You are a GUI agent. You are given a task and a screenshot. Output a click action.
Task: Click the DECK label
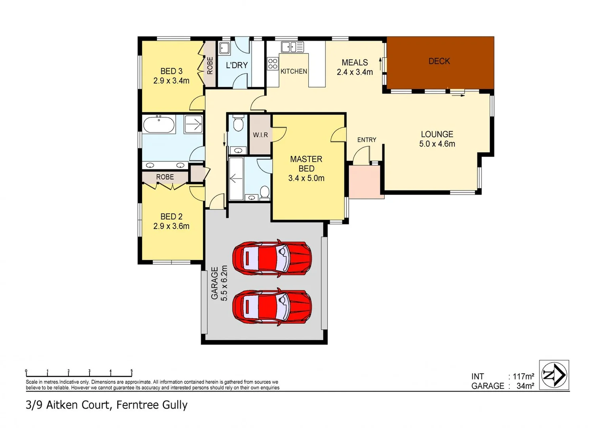[439, 61]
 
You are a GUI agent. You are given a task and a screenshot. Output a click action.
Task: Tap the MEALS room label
[355, 63]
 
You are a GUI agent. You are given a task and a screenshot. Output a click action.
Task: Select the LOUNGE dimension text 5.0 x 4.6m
[437, 144]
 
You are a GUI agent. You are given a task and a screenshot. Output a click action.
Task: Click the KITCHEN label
[294, 71]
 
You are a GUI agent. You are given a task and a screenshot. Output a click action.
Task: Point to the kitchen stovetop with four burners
[273, 64]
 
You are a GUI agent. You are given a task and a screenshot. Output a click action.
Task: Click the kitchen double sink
[292, 47]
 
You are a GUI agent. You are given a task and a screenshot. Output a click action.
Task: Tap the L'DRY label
[237, 65]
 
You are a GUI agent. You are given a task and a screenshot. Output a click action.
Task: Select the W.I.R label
[260, 135]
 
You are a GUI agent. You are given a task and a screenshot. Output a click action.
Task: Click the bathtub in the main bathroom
[158, 124]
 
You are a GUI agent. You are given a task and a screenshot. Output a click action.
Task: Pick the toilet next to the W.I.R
[238, 123]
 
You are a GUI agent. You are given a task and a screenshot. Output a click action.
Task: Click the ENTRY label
[366, 140]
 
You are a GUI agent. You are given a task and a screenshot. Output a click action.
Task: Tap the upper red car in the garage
[272, 258]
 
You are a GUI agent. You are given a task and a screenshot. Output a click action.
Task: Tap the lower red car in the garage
[272, 307]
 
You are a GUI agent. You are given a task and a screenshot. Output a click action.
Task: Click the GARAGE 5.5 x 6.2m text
[219, 283]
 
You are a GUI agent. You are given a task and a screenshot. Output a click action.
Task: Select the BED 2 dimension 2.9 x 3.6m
[171, 226]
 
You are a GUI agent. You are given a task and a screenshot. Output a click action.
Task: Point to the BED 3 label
[171, 71]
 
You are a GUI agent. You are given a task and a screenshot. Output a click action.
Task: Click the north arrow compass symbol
[554, 375]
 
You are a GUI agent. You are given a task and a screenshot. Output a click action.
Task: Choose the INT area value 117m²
[523, 376]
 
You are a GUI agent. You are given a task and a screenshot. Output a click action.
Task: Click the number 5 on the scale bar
[132, 371]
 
